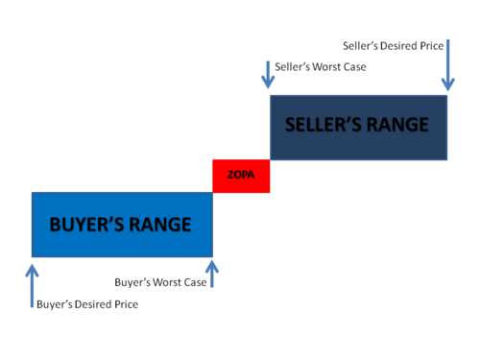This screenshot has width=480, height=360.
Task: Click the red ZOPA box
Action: [241, 176]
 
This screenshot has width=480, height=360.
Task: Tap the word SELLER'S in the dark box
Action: [324, 125]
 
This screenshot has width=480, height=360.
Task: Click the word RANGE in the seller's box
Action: [397, 125]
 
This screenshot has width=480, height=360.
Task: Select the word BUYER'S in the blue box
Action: [86, 225]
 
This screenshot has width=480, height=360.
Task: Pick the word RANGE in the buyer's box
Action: [160, 225]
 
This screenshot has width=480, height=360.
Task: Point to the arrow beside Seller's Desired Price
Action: [448, 65]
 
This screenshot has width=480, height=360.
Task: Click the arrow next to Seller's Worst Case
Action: [268, 75]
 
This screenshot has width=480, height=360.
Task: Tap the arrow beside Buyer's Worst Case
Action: [212, 274]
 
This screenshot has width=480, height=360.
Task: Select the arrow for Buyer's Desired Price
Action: [32, 286]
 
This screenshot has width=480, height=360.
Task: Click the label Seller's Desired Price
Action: [394, 46]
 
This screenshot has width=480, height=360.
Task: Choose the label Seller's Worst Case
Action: [321, 67]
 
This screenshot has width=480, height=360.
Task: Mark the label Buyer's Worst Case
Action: [160, 282]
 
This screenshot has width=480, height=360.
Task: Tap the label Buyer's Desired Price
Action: [87, 304]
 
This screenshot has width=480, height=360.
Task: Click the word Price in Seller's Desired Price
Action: [432, 46]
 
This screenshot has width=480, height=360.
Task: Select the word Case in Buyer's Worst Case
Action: [195, 282]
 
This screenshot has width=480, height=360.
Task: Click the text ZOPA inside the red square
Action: [241, 175]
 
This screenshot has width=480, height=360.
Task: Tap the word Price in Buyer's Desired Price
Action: [127, 304]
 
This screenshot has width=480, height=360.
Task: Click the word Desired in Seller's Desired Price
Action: [398, 46]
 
